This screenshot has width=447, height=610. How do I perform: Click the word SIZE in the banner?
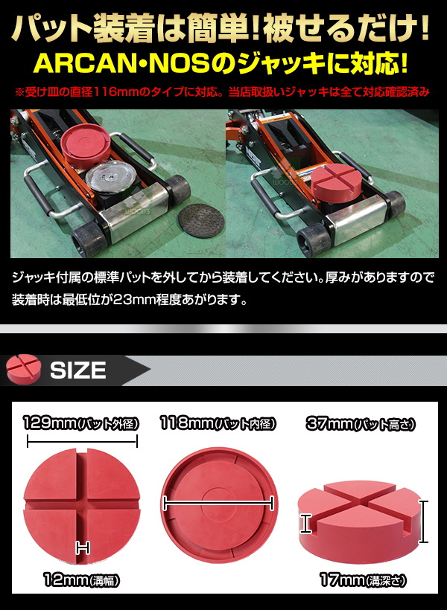(x=78, y=370)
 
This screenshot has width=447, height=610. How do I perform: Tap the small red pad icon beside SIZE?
(x=24, y=368)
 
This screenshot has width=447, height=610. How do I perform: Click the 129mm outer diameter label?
(x=81, y=423)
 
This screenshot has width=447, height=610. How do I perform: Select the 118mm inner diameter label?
(x=218, y=423)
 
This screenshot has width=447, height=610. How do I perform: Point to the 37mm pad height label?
(x=360, y=423)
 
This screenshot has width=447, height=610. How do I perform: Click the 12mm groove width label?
(x=81, y=580)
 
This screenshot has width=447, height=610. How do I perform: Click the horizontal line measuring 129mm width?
(x=82, y=442)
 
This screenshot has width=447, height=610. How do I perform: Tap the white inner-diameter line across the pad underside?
(x=218, y=504)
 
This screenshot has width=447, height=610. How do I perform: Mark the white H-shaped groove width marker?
(x=83, y=548)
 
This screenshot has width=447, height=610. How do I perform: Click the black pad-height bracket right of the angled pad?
(x=424, y=521)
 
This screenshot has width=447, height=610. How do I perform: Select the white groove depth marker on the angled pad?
(x=306, y=523)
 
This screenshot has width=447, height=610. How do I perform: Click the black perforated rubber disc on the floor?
(x=201, y=219)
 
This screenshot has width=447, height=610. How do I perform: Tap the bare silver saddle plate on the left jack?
(x=110, y=178)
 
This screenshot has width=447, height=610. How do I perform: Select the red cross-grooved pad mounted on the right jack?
(x=337, y=182)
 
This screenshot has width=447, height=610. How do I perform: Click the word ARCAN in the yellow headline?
(x=88, y=63)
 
